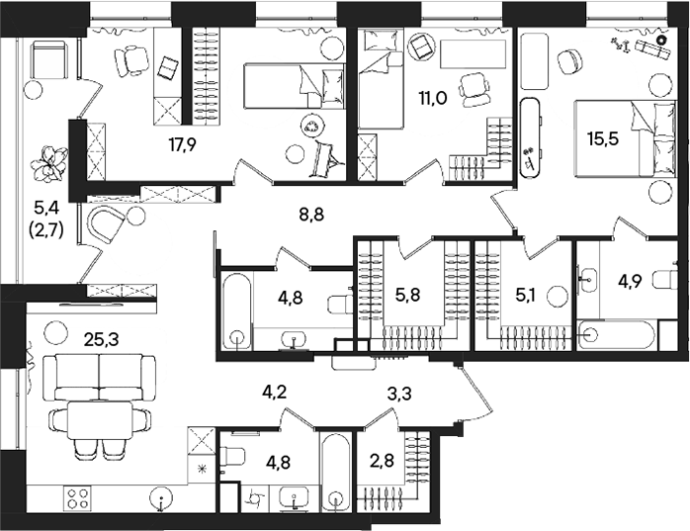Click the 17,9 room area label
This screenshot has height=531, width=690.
point(182,144)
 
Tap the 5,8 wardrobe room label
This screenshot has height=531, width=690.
point(407,294)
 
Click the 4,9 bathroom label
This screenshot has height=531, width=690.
point(633,281)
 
